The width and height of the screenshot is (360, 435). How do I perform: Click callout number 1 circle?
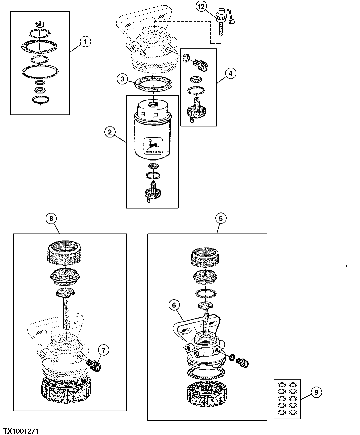tap(85, 42)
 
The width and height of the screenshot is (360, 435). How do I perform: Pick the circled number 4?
tap(230, 73)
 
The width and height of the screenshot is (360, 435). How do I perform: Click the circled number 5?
tap(221, 218)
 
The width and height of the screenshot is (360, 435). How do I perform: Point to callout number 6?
tap(174, 305)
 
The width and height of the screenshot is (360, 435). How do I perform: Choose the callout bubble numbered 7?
tap(103, 350)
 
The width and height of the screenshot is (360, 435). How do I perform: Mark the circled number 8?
tap(51, 218)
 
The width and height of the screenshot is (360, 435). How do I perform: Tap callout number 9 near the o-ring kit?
tap(316, 392)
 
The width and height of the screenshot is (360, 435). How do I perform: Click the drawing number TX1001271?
tap(21, 431)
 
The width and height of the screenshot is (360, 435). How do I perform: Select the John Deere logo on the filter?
tap(153, 146)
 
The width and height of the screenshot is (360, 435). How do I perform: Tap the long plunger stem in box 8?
tap(68, 309)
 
